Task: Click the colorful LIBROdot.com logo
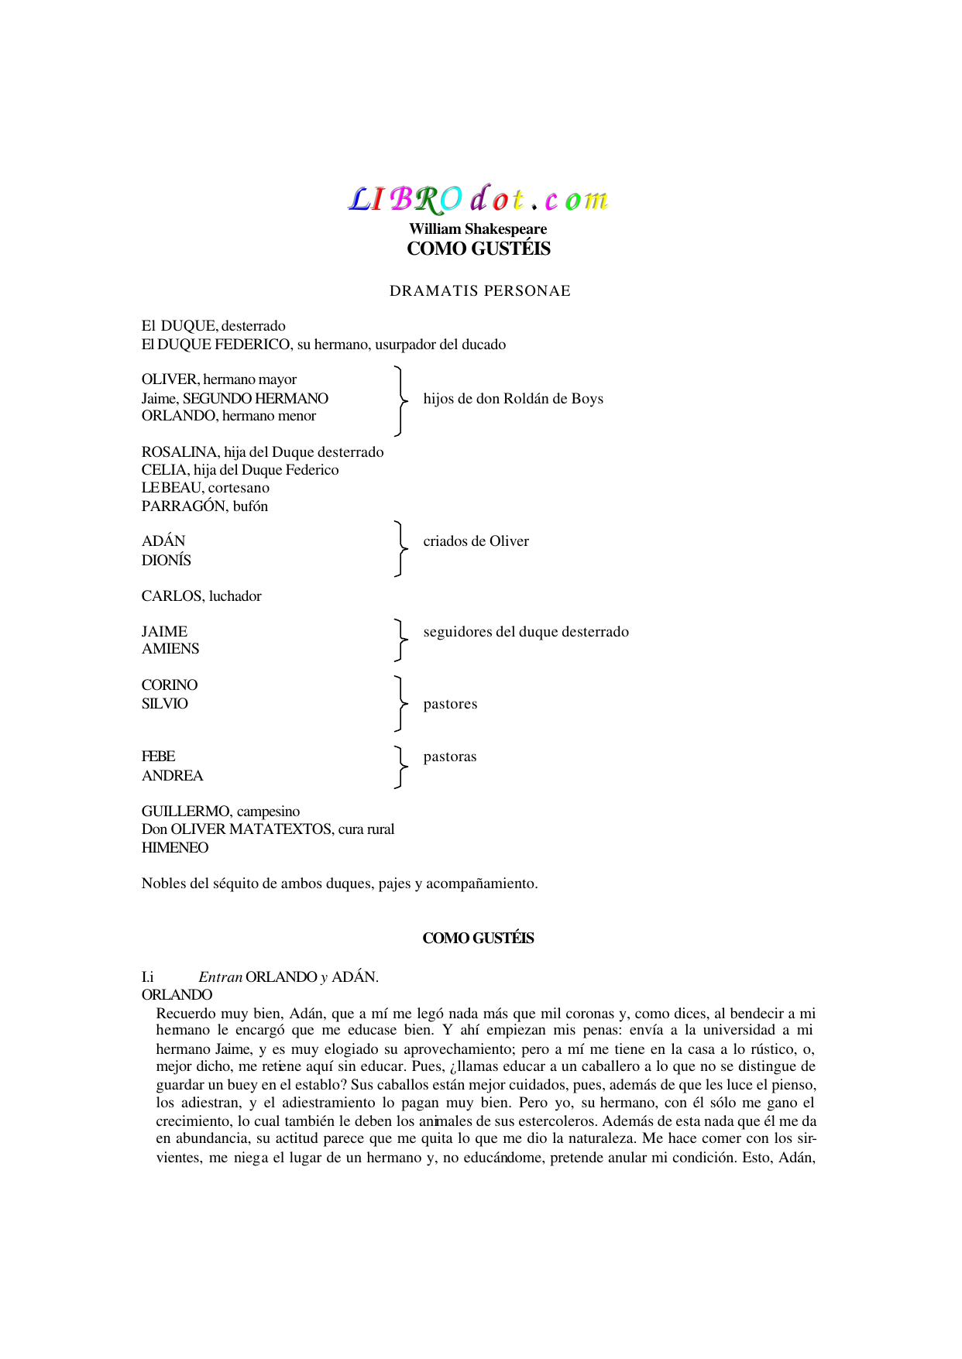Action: (478, 199)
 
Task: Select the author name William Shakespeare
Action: (478, 229)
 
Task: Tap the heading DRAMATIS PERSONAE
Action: (479, 291)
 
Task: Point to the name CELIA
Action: (164, 470)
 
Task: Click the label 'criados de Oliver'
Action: (476, 541)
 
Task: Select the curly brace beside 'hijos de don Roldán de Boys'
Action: (400, 400)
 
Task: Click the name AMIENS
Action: (170, 649)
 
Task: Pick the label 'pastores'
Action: (450, 704)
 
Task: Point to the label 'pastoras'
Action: (449, 757)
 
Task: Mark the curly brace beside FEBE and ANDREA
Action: (400, 767)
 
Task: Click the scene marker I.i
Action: (148, 977)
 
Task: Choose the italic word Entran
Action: (220, 977)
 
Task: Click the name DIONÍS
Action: (167, 561)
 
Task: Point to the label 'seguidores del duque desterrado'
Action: (526, 632)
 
